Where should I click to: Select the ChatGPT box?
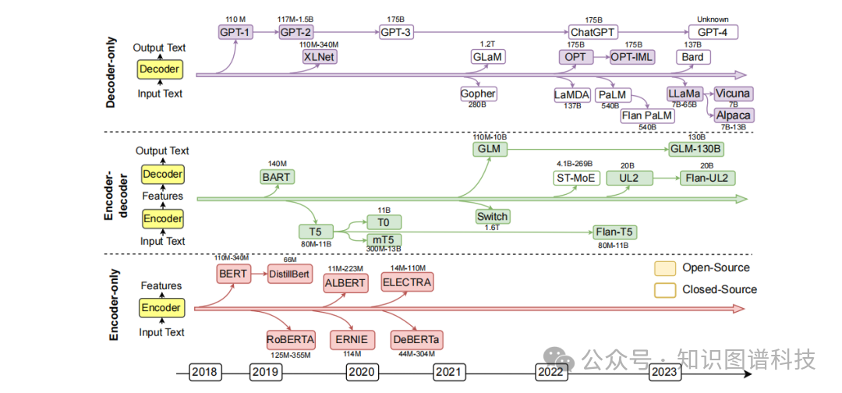click(x=593, y=32)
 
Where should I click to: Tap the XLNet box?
click(x=319, y=57)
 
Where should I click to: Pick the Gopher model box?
click(x=478, y=94)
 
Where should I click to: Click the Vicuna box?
click(x=732, y=94)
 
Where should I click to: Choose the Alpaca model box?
click(x=733, y=115)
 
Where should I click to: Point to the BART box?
click(x=277, y=177)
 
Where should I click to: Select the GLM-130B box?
click(x=696, y=149)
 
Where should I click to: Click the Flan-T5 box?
click(x=614, y=232)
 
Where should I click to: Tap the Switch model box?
click(x=492, y=217)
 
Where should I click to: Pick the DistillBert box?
click(x=289, y=274)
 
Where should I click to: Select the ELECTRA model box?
click(x=407, y=281)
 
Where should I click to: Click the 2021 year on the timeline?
click(x=449, y=373)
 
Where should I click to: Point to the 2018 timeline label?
click(x=205, y=373)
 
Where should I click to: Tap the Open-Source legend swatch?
click(x=665, y=268)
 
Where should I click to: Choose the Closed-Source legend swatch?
click(x=665, y=289)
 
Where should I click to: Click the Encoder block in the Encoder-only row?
click(x=161, y=308)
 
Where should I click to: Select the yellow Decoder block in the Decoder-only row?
click(x=159, y=69)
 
